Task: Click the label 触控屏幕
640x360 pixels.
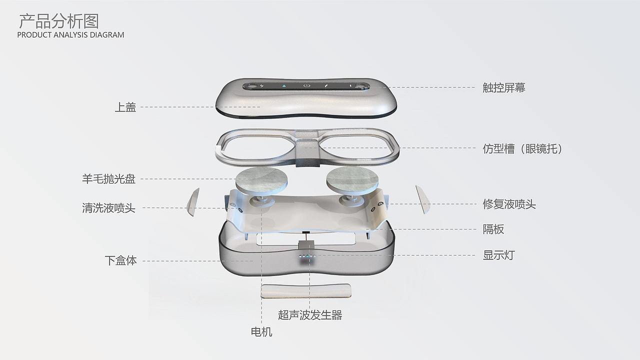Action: click(504, 87)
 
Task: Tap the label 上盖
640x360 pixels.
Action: click(125, 107)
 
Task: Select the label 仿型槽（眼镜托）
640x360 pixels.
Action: click(522, 148)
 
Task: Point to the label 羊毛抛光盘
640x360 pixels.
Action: click(108, 179)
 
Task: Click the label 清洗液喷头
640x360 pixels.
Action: click(108, 207)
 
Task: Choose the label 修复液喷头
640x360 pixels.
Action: click(509, 204)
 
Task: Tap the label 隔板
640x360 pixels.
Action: click(493, 229)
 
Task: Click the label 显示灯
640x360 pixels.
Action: click(498, 255)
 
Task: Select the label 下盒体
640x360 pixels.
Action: click(120, 260)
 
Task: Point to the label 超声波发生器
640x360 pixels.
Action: click(310, 315)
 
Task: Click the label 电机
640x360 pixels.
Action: click(261, 331)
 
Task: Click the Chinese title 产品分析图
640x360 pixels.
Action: click(59, 21)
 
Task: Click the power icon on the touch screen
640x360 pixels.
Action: click(306, 85)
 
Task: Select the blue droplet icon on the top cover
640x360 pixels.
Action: click(284, 85)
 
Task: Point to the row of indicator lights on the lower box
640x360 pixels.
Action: click(307, 256)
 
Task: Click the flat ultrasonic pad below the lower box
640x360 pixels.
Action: click(305, 291)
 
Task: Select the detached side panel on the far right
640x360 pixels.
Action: click(423, 199)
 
